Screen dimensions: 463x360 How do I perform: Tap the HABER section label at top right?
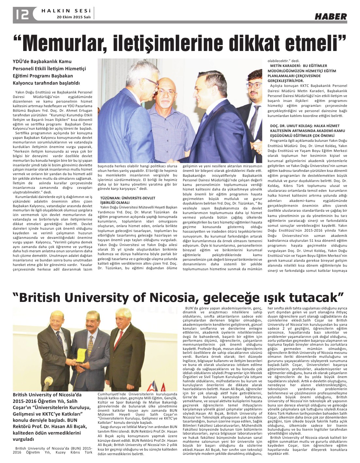point(331,16)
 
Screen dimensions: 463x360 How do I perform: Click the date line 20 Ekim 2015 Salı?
point(74,17)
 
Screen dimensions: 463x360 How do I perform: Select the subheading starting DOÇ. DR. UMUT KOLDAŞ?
point(304,130)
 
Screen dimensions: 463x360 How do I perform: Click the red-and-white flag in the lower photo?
point(162,388)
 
